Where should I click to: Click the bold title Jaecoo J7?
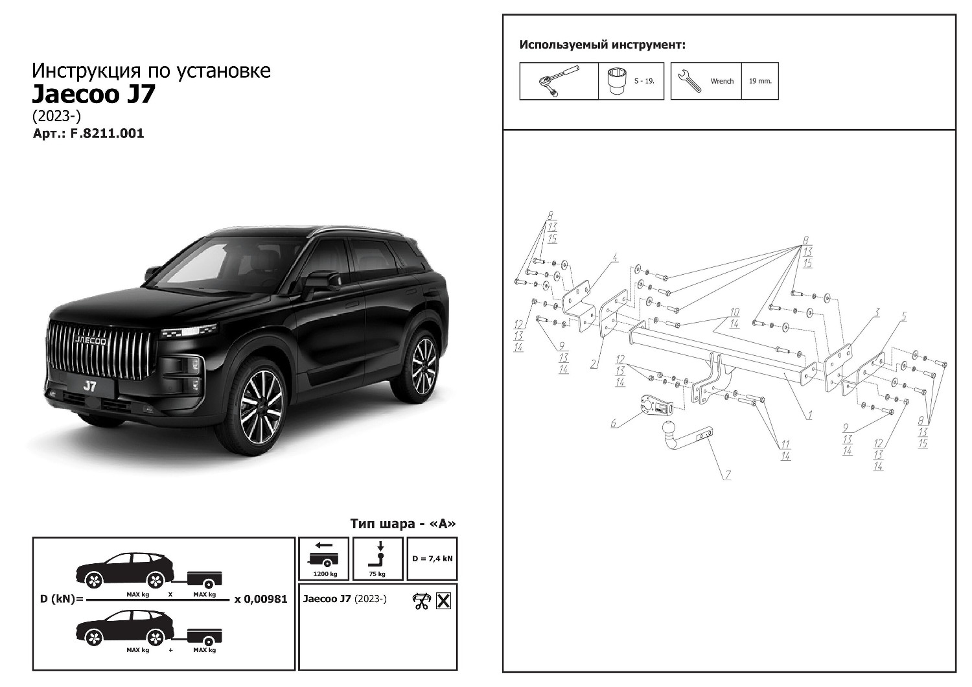click(x=93, y=94)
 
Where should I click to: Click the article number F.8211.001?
click(x=107, y=134)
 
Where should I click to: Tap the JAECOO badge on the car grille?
click(x=91, y=341)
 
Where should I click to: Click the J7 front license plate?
click(x=90, y=386)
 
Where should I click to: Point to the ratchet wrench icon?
click(x=558, y=81)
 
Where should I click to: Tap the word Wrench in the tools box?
click(x=722, y=81)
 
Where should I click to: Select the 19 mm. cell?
click(x=760, y=81)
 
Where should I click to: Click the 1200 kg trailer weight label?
click(x=325, y=574)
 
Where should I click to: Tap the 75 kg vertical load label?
click(x=377, y=574)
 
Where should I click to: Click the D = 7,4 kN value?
click(x=432, y=559)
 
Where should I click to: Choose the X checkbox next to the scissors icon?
click(x=443, y=601)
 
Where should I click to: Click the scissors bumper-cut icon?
click(x=421, y=601)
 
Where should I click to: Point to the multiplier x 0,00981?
click(x=260, y=599)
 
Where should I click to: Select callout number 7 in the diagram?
click(x=727, y=475)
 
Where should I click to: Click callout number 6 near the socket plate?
click(x=613, y=423)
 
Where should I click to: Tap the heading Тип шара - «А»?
click(x=403, y=524)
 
